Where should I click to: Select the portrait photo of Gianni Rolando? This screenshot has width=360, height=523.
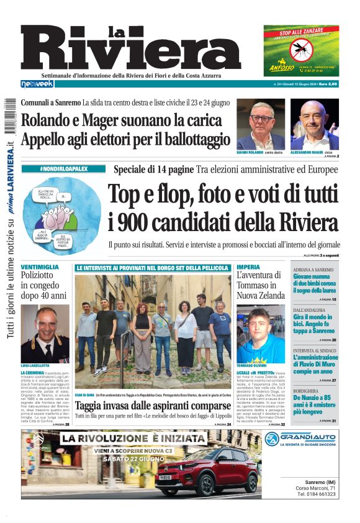(x=261, y=124)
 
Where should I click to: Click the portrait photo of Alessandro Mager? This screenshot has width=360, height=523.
(x=315, y=124)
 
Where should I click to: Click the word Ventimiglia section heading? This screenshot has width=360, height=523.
(x=40, y=267)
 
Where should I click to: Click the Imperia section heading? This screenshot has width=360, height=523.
(x=248, y=267)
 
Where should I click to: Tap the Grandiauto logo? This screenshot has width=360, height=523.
(x=301, y=439)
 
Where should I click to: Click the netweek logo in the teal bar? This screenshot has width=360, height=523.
(x=37, y=83)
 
